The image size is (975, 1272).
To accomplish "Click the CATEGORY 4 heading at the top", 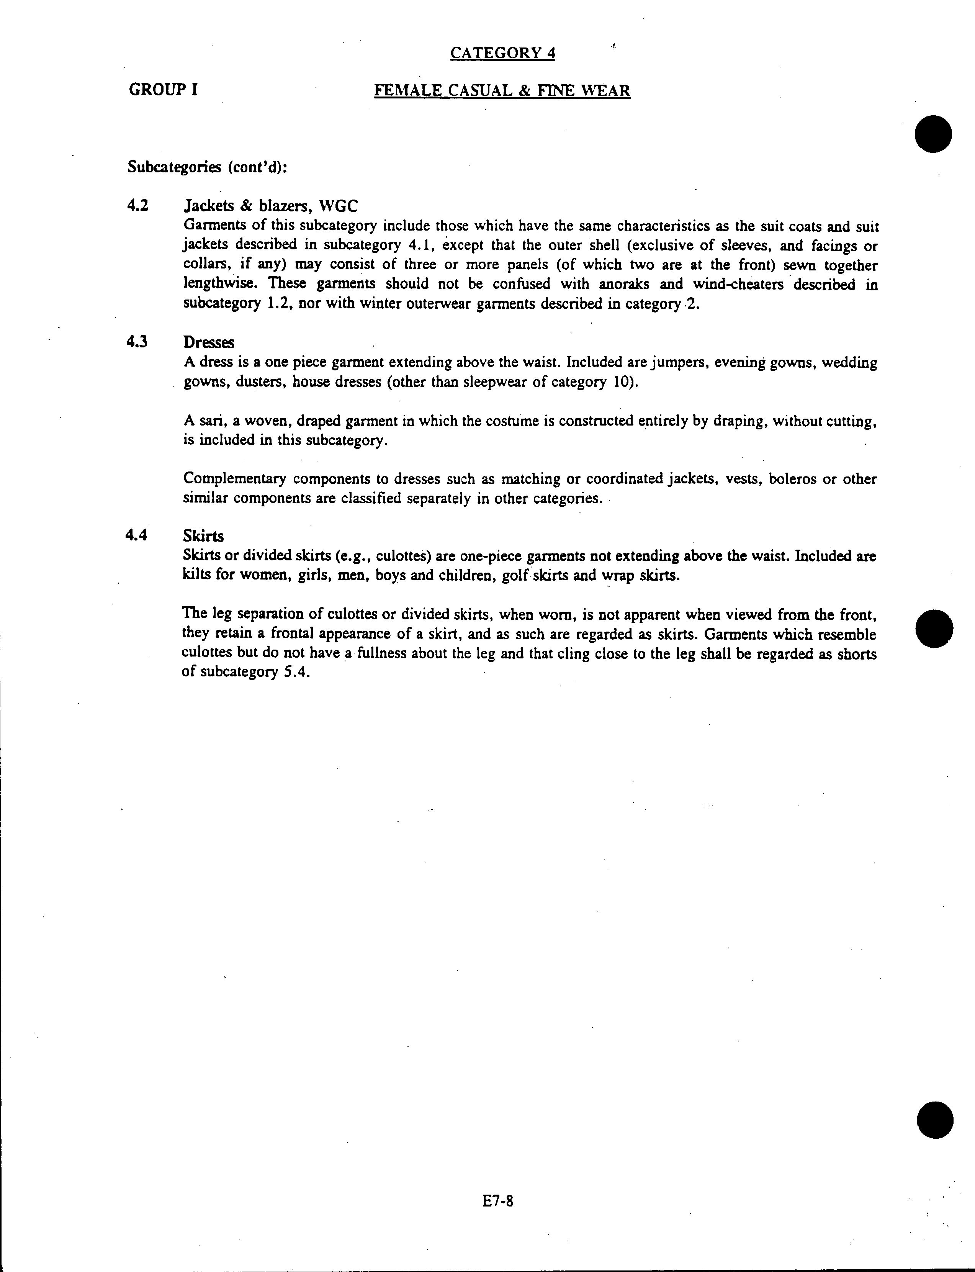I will (x=502, y=53).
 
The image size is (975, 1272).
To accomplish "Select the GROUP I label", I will (x=163, y=90).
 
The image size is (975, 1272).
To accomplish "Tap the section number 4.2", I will (x=137, y=205).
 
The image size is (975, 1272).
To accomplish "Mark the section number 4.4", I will (x=137, y=535).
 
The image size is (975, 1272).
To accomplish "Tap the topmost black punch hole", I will (x=934, y=134).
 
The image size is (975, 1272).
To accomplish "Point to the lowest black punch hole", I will (x=935, y=1120).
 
